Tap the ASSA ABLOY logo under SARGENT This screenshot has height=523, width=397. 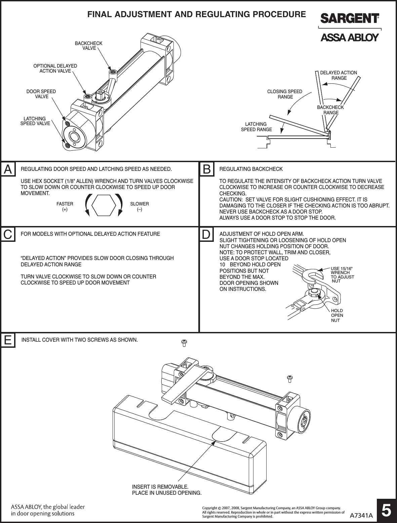coord(350,37)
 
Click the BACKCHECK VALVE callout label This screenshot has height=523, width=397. coord(88,46)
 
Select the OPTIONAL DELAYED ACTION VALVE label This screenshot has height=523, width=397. coord(55,68)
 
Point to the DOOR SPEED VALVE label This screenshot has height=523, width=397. coord(41,94)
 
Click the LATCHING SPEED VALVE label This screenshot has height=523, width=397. coord(35,121)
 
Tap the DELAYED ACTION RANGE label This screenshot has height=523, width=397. coord(339,75)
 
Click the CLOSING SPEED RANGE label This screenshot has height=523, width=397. coord(285,94)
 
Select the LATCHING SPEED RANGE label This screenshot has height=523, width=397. coord(256,127)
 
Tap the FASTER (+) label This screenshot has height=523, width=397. coord(65,207)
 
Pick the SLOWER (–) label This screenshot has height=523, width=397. coord(140,207)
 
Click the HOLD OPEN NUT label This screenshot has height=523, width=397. coord(337,315)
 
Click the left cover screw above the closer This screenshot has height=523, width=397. coord(184,343)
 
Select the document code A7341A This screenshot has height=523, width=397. coord(361,515)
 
